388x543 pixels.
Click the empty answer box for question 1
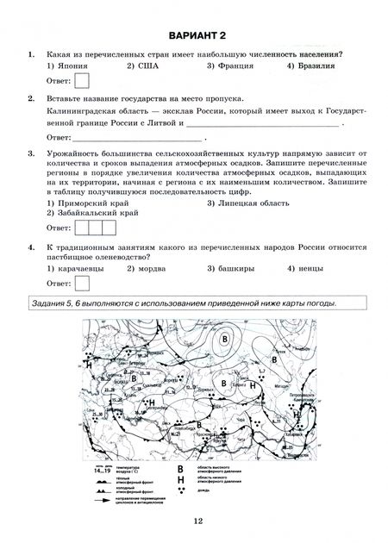[x=84, y=81]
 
